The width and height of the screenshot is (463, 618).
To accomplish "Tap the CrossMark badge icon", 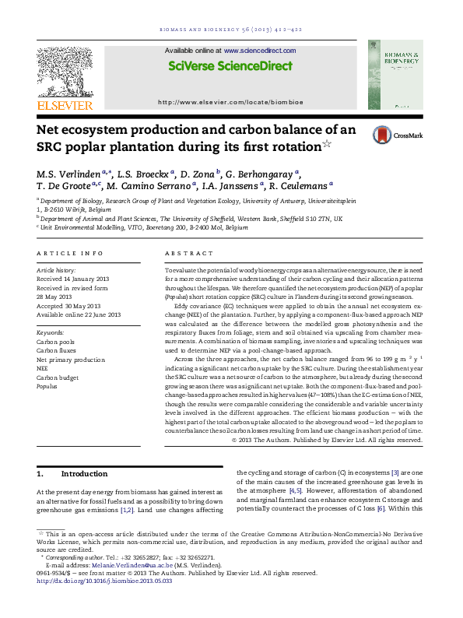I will (383, 135).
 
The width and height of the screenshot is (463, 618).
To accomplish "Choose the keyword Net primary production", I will (71, 360).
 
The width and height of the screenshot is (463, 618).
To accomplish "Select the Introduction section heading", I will (84, 473).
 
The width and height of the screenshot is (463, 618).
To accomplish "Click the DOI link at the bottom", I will (105, 581).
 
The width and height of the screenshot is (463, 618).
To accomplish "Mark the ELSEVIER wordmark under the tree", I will (65, 105).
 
